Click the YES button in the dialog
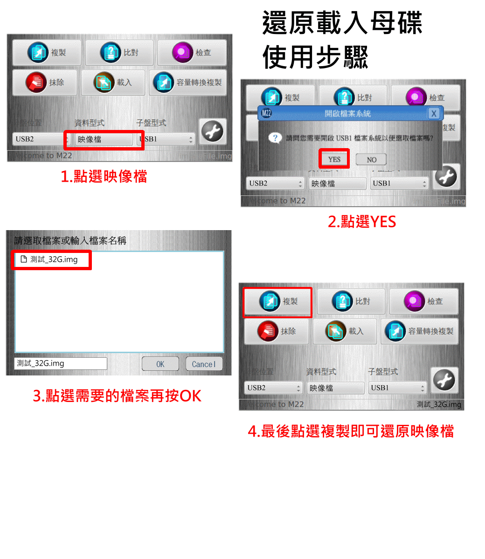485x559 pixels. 334,159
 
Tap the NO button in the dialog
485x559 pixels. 371,160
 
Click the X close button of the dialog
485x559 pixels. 434,113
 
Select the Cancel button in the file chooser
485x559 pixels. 204,364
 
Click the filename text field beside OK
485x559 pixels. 61,363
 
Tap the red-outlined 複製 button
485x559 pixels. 278,302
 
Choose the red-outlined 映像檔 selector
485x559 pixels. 104,139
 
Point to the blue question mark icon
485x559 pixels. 275,138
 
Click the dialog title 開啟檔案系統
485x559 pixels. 347,113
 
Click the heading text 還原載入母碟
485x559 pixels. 342,23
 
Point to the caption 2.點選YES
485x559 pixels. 362,222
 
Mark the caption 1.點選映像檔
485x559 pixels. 104,177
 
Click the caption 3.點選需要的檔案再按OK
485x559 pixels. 117,396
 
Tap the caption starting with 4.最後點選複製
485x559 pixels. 351,431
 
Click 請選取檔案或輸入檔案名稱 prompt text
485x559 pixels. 70,241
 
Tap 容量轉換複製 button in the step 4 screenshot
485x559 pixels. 419,331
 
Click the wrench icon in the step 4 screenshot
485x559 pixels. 444,381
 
